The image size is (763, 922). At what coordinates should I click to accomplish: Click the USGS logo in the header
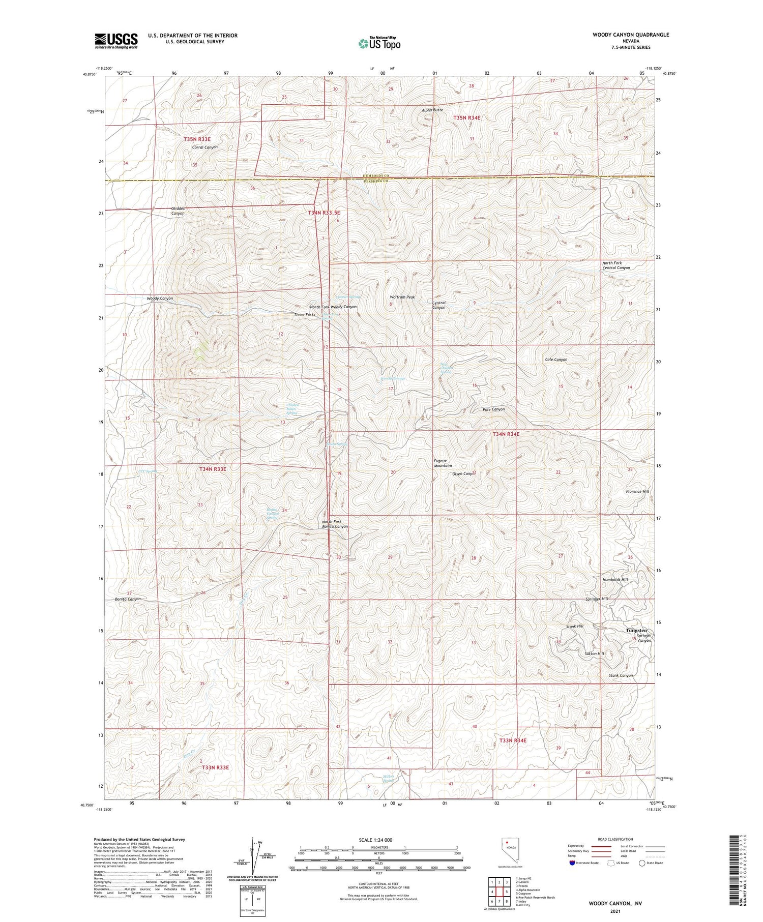[x=116, y=41]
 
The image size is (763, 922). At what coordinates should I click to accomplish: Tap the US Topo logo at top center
[x=379, y=43]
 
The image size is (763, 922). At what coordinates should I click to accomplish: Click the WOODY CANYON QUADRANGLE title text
[x=630, y=35]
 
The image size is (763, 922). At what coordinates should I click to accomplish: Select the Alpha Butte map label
[x=432, y=110]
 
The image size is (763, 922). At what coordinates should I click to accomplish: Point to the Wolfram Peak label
[x=402, y=297]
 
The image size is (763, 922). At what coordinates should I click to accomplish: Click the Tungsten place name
[x=636, y=630]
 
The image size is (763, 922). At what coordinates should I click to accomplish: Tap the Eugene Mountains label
[x=443, y=463]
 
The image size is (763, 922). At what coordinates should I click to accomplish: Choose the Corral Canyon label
[x=204, y=147]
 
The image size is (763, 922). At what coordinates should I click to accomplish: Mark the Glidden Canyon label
[x=178, y=211]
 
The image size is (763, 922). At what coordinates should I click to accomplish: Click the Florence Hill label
[x=637, y=491]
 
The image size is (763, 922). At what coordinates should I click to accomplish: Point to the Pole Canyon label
[x=493, y=409]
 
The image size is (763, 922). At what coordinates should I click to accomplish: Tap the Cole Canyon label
[x=556, y=359]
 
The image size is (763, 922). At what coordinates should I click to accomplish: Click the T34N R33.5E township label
[x=324, y=213]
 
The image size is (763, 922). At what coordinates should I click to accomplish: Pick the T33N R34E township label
[x=513, y=740]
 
